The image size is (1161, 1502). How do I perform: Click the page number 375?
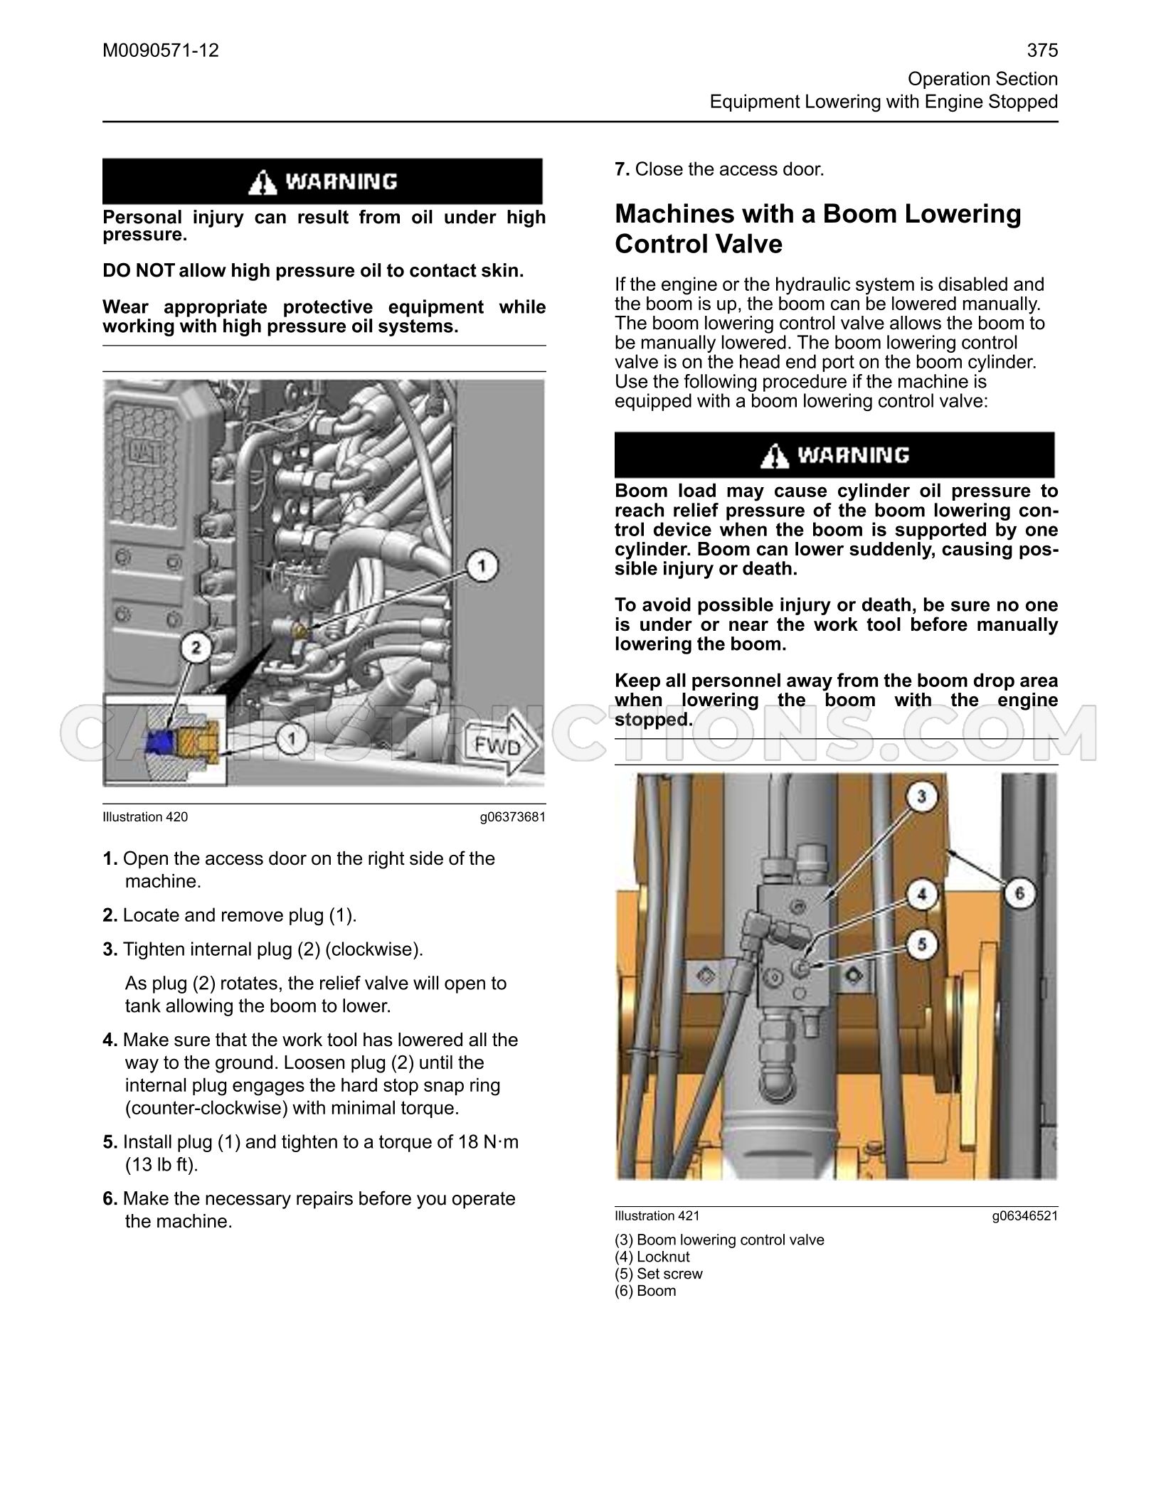tap(1042, 50)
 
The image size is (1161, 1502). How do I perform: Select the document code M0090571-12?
tap(161, 50)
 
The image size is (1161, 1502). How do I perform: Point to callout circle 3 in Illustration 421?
tap(921, 797)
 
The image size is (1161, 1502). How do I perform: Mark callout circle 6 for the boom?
tap(1019, 892)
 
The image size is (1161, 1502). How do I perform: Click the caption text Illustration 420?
tap(145, 817)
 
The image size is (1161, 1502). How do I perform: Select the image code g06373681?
tap(513, 817)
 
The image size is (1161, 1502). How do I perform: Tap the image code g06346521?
tap(1025, 1215)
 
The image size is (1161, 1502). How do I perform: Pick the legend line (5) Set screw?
tap(659, 1274)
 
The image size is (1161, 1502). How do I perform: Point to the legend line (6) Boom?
tap(645, 1291)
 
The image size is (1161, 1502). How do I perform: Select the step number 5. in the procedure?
tap(110, 1142)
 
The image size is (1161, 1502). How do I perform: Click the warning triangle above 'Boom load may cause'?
tap(775, 455)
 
